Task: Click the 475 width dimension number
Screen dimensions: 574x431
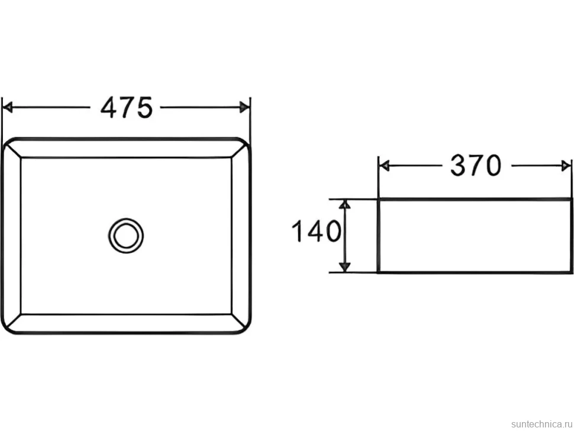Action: pos(126,107)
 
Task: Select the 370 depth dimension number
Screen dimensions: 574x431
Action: pos(476,166)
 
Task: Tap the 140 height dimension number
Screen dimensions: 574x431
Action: pos(316,231)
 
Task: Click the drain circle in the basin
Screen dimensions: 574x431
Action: pos(126,236)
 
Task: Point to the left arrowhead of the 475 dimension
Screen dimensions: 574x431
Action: pos(7,107)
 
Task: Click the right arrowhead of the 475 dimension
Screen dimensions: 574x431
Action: pos(244,107)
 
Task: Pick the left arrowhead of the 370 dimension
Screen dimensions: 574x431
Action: pos(383,166)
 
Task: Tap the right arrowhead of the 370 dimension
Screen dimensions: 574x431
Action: pos(566,166)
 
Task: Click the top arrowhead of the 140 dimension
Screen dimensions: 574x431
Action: pos(344,204)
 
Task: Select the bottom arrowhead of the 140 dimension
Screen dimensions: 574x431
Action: pos(344,268)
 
